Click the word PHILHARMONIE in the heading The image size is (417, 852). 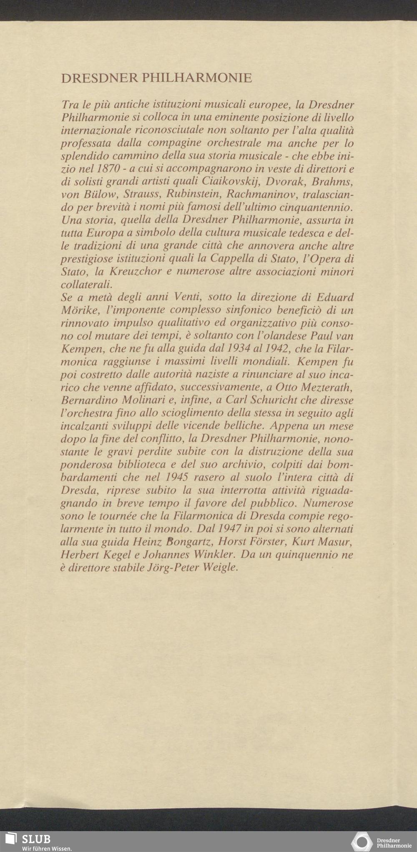tap(197, 78)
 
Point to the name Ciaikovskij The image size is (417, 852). tap(226, 182)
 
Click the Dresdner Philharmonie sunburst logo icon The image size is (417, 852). tap(362, 840)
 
